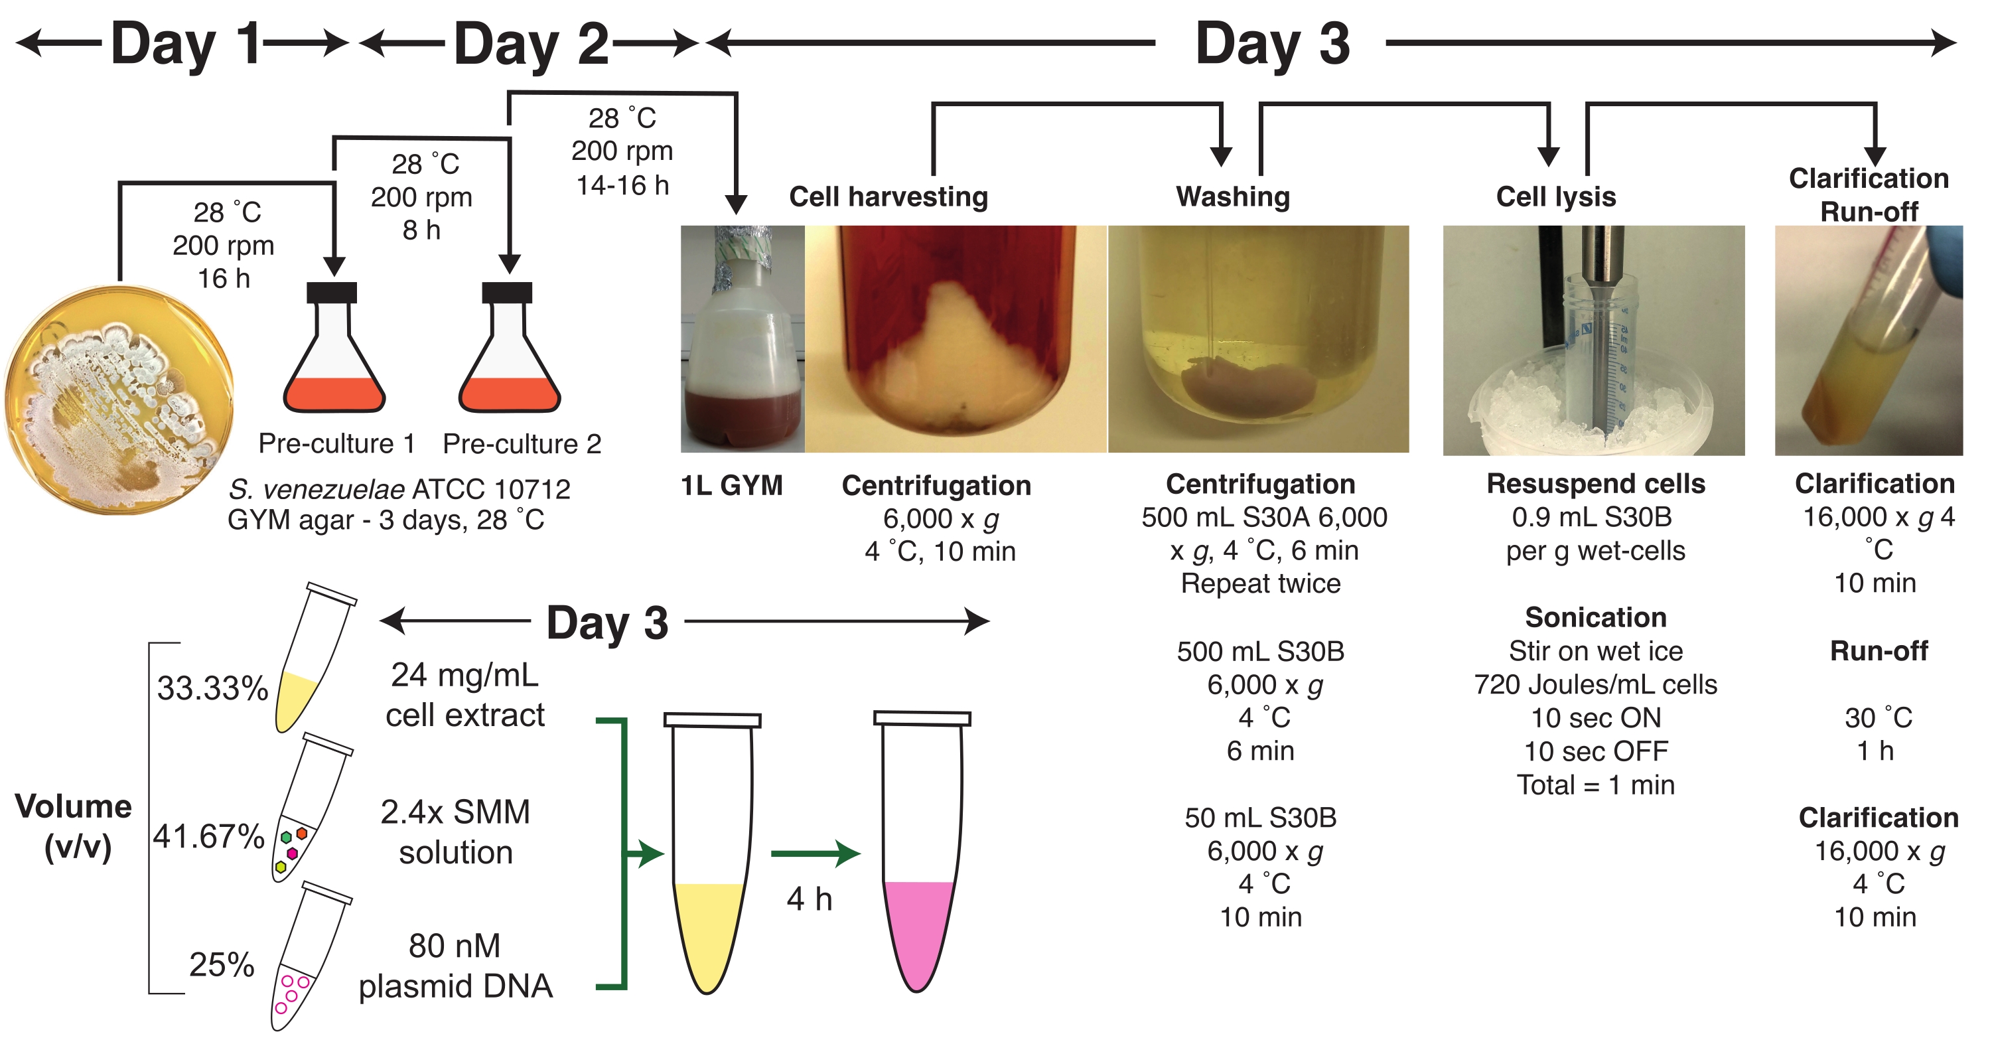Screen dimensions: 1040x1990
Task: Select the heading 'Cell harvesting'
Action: tap(888, 196)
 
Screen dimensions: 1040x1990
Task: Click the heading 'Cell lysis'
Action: tap(1555, 196)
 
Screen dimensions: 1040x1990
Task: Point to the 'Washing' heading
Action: tap(1233, 196)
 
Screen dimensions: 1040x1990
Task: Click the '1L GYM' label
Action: tap(731, 485)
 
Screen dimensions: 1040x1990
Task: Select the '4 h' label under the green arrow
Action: tap(809, 899)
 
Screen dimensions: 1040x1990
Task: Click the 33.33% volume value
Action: tap(212, 688)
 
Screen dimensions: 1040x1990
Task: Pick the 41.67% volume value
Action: tap(208, 836)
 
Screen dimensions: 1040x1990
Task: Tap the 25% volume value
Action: tap(222, 964)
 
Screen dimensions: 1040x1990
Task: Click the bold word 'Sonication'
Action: tap(1595, 617)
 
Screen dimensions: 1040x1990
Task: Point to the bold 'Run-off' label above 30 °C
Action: tap(1878, 650)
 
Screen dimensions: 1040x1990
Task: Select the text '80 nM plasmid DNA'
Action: tap(455, 966)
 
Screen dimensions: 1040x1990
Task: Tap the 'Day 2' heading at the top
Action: tap(531, 43)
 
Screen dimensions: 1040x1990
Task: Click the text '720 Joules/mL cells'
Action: tap(1595, 684)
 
